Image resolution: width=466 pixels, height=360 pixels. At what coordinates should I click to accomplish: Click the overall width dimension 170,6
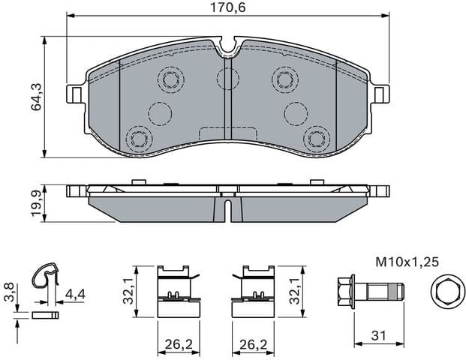point(230,8)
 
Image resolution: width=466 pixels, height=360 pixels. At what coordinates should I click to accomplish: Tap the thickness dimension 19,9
point(35,202)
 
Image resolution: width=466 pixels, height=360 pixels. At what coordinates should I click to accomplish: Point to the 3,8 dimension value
point(8,291)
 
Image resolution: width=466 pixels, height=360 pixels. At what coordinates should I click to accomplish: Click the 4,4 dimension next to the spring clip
point(74,293)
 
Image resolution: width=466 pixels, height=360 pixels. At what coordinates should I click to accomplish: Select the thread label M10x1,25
point(406,262)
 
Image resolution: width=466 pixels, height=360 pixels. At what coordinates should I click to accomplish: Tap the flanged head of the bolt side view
point(345,289)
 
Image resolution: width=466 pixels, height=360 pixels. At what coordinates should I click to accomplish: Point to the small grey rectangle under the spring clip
point(47,316)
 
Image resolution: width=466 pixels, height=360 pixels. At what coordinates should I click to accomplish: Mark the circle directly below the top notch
point(227,78)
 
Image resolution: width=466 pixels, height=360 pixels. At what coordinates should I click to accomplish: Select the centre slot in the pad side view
point(228,206)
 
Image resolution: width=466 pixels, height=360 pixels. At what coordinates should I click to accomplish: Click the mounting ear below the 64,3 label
point(75,94)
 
